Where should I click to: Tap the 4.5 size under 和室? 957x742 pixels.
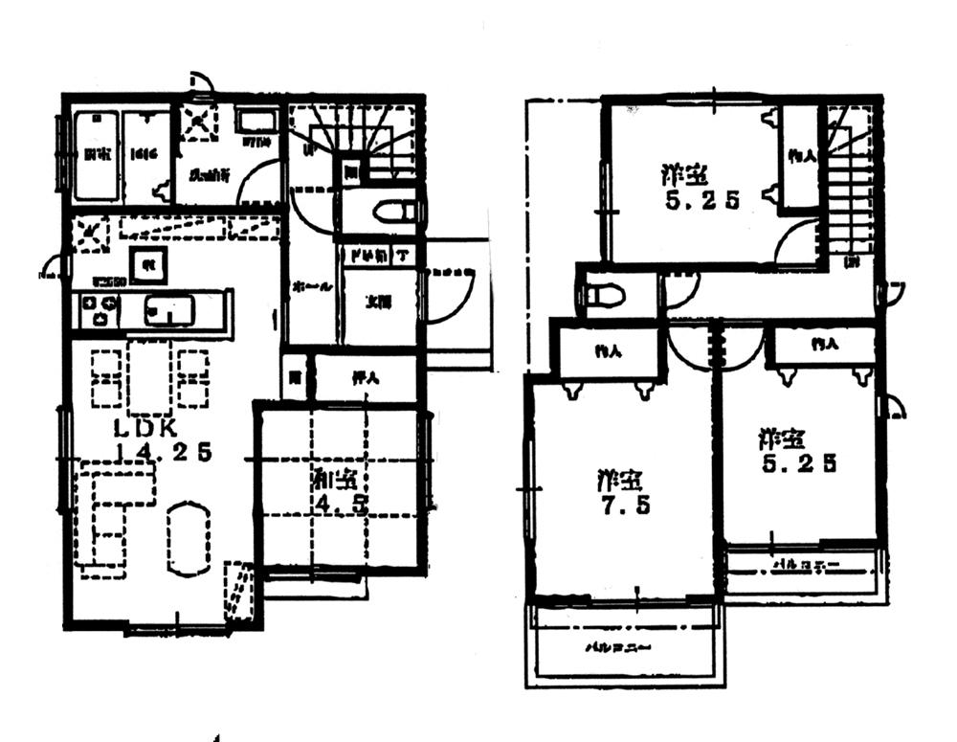point(350,504)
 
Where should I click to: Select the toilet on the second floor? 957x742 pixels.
point(603,294)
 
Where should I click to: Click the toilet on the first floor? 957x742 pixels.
point(393,212)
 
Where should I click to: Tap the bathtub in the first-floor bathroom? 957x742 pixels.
point(95,156)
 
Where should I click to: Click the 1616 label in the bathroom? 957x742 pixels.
point(145,154)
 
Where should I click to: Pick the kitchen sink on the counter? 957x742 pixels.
point(169,311)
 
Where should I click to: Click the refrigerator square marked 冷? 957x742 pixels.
point(149,263)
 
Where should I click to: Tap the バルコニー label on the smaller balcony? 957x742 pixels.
point(805,565)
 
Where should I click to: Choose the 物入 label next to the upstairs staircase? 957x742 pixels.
point(802,156)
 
